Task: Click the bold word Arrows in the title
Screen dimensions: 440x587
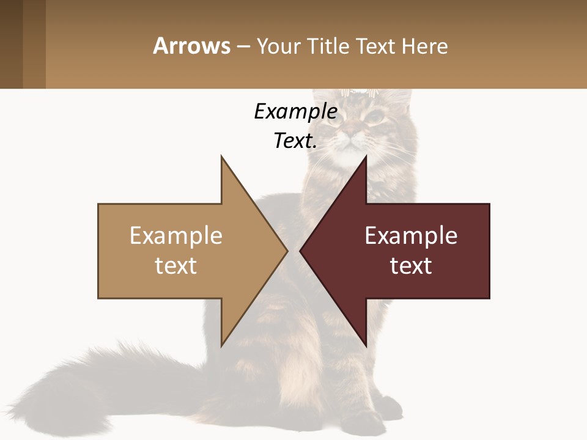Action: pos(192,46)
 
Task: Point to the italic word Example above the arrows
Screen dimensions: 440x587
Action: pos(295,111)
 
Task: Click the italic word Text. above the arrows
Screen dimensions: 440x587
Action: pos(295,141)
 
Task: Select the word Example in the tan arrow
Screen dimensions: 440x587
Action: pos(175,235)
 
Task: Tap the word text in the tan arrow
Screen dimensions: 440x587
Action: pos(175,265)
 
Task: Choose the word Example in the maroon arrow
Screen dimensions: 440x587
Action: pos(411,235)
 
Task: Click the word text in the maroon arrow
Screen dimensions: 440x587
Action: pos(411,265)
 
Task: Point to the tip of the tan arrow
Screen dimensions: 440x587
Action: pos(287,251)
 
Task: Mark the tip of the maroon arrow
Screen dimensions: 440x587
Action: pos(300,251)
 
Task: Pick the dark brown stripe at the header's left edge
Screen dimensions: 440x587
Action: pos(11,44)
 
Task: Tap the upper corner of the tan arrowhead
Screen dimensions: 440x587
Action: pos(221,156)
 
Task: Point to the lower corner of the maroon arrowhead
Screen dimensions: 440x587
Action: pos(366,346)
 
